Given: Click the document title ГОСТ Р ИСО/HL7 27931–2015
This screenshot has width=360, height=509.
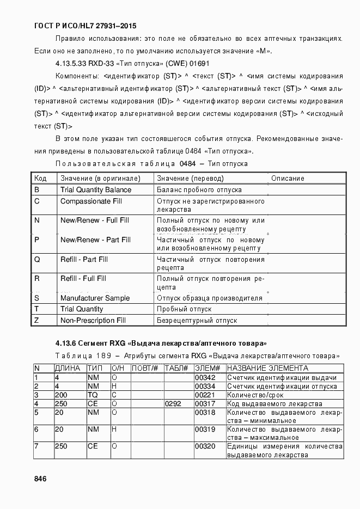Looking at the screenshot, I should (x=85, y=26).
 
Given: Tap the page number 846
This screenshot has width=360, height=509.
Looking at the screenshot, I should (x=40, y=479).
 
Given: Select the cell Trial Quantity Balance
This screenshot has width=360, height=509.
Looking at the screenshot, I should (x=96, y=190).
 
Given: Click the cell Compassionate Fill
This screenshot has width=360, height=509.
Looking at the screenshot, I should (x=91, y=201).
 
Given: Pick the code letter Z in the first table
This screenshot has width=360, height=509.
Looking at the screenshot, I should (x=36, y=321).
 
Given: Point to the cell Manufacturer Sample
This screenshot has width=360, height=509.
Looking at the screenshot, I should (x=95, y=298).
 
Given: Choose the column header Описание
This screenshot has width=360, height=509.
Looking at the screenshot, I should (x=288, y=179).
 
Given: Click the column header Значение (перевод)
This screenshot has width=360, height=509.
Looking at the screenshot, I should (x=190, y=179).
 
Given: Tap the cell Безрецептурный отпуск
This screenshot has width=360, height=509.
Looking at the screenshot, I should (x=197, y=321).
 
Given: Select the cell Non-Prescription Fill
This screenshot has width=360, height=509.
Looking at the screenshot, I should (x=93, y=321).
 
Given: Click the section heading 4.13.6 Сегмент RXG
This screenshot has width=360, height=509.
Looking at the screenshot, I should (x=161, y=344).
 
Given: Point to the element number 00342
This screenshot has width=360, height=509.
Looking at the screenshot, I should (x=205, y=378).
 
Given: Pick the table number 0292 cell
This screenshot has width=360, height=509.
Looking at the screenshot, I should (x=173, y=404).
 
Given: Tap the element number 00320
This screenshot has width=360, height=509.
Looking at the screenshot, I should (x=205, y=446).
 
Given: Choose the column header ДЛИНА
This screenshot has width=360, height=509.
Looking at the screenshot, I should (x=68, y=369).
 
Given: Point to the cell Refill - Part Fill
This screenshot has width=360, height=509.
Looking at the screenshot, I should (x=84, y=260).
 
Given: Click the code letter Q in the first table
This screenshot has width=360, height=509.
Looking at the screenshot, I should (x=37, y=260).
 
